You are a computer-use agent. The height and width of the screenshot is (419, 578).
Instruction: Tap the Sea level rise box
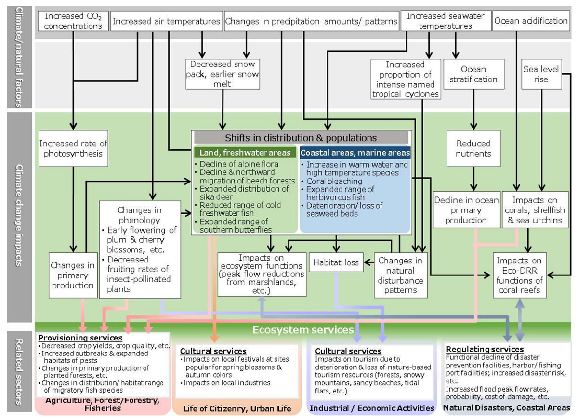tap(541, 74)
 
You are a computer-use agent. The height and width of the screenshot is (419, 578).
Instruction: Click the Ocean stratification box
tap(473, 74)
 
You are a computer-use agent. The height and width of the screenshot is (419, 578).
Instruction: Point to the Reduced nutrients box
tap(473, 148)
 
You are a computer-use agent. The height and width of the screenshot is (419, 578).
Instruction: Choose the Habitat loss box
tap(336, 263)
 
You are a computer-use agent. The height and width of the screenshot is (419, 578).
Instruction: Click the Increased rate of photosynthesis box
tap(73, 148)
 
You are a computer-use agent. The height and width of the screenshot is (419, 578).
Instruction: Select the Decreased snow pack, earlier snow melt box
tap(223, 74)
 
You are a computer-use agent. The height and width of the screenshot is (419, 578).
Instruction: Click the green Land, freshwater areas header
tap(245, 153)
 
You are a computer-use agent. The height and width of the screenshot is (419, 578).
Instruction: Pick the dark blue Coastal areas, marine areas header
tap(355, 153)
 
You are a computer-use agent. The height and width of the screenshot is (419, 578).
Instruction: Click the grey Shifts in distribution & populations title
tap(301, 138)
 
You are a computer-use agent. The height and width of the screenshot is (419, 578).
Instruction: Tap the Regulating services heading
tap(485, 349)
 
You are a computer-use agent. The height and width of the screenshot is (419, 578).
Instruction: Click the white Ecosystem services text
tap(303, 330)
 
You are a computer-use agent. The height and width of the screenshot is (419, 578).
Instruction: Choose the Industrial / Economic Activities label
tap(371, 408)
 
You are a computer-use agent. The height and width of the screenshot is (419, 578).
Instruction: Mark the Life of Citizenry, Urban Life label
tap(237, 408)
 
